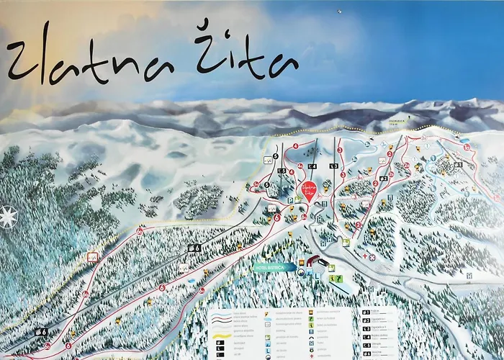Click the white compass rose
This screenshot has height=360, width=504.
click(x=8, y=216)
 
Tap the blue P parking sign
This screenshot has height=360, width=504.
click(x=289, y=201)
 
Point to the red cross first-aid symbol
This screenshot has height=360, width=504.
click(x=364, y=256)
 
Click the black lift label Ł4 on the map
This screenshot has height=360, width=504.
click(x=312, y=166)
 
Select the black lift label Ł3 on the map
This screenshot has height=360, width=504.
click(x=333, y=166)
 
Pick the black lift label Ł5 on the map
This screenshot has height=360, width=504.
click(x=282, y=170)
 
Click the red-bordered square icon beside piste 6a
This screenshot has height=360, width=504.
click(x=92, y=256)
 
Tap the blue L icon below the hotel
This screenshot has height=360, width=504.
click(x=314, y=276)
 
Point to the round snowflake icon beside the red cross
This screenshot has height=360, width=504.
click(x=374, y=256)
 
